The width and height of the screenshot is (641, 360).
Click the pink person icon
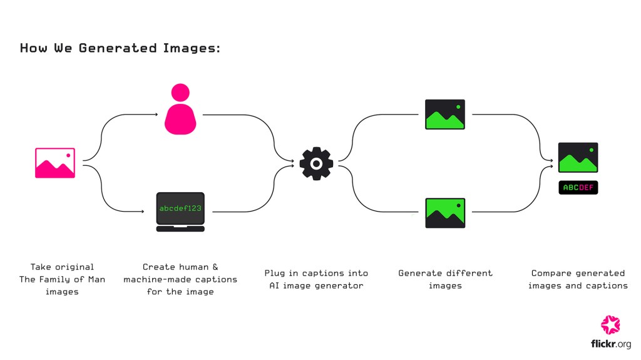[180, 110]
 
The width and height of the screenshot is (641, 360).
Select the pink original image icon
[55, 163]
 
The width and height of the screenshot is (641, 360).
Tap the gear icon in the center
[316, 163]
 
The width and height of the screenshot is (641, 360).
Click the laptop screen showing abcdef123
[180, 208]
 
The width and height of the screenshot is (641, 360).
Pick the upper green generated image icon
[445, 115]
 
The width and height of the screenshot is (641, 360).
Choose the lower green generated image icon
[445, 213]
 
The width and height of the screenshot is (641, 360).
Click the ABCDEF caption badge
[578, 187]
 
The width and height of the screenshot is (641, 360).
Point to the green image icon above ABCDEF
[578, 158]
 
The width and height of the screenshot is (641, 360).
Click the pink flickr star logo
[610, 324]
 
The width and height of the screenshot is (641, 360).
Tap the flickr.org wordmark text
[610, 344]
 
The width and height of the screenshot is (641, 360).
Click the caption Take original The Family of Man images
[62, 279]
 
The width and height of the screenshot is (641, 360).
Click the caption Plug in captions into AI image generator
[316, 279]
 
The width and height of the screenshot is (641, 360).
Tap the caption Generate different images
[445, 279]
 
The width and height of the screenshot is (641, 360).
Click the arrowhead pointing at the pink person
[156, 115]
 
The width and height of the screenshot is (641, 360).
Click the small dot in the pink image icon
[68, 155]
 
